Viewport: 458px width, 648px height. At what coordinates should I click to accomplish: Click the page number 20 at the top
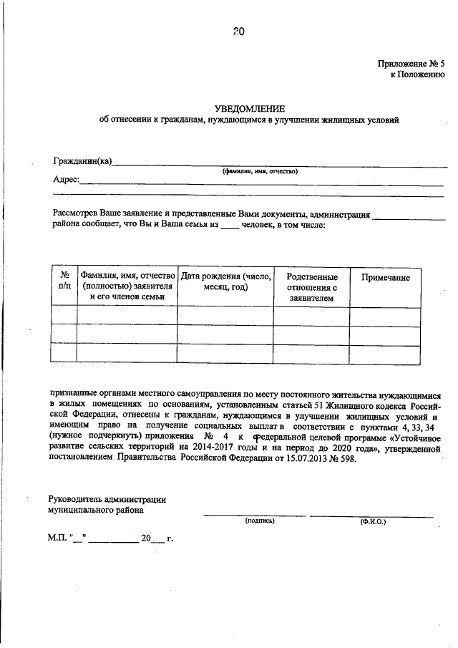(x=238, y=31)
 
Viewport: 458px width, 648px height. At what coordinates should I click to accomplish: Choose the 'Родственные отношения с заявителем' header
(x=311, y=287)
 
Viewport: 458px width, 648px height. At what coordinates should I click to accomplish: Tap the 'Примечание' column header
(x=385, y=277)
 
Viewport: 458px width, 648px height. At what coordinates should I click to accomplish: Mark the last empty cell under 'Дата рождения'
(x=225, y=353)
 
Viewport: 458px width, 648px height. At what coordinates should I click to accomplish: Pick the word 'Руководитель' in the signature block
(x=76, y=499)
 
